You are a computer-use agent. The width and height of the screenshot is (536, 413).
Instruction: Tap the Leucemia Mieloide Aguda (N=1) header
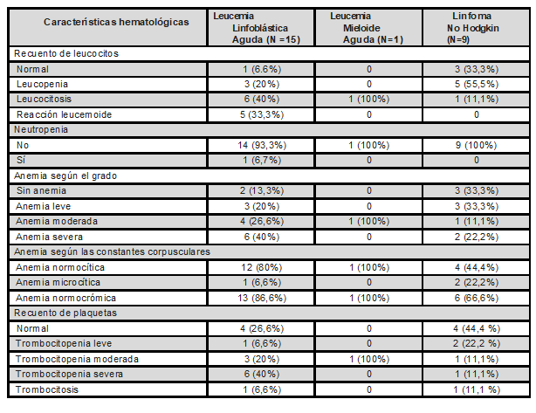[x=370, y=27]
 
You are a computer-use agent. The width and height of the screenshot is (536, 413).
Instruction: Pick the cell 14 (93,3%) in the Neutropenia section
[x=259, y=144]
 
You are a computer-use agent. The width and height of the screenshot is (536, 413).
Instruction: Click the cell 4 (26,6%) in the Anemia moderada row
[x=259, y=220]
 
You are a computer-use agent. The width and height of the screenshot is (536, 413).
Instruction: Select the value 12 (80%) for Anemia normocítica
[x=259, y=265]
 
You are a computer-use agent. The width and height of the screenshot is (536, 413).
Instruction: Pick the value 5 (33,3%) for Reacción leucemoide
[x=259, y=114]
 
